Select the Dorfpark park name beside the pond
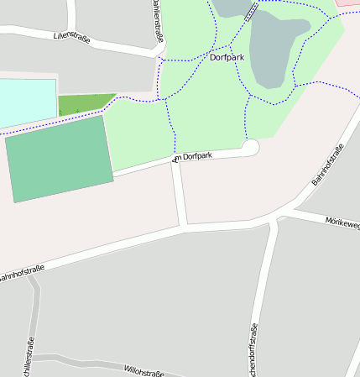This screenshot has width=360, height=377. pos(227,59)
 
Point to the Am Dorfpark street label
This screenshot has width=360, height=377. pos(193,156)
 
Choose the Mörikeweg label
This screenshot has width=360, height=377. pos(342,222)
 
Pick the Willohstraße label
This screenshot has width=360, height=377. pos(143,369)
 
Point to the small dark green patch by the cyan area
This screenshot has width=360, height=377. pos(84,105)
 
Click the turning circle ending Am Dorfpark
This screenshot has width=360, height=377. pos(250,147)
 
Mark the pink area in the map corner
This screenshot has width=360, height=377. pos(349,3)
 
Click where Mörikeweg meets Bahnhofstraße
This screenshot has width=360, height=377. pos(278,220)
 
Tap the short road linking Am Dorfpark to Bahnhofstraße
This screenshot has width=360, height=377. pos(179,193)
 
